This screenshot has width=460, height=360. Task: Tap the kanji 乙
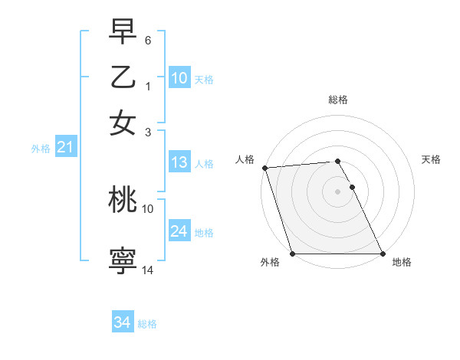(x=123, y=77)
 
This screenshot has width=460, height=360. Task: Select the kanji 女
(x=123, y=123)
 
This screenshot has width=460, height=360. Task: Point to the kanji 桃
(x=123, y=200)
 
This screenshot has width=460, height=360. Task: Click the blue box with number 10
(x=179, y=78)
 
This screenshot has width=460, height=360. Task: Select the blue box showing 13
(x=179, y=162)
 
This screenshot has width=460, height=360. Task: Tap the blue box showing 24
(x=179, y=231)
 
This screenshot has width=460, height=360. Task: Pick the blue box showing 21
(x=65, y=148)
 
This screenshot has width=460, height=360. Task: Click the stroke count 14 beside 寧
(x=148, y=270)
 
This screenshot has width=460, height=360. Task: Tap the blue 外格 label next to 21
(x=41, y=149)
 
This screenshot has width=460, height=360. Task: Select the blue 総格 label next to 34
(x=147, y=324)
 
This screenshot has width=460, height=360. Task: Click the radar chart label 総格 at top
(x=338, y=100)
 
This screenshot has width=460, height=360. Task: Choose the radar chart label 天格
(x=431, y=159)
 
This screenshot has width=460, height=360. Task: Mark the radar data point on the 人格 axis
(x=264, y=168)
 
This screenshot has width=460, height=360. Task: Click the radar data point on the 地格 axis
(x=383, y=254)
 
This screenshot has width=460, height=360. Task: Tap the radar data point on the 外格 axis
(x=293, y=254)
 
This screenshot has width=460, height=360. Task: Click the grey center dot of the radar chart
(x=338, y=191)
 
